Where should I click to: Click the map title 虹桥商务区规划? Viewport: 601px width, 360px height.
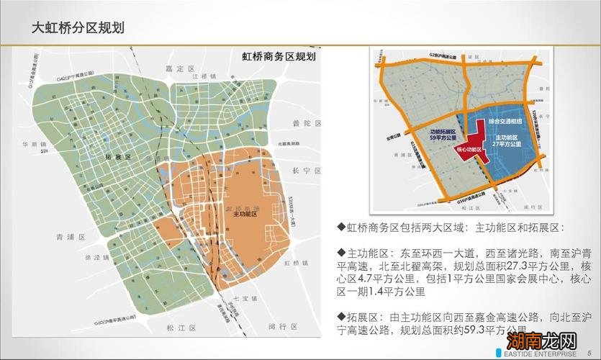click(x=281, y=56)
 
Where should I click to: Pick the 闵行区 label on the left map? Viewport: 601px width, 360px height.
click(x=279, y=326)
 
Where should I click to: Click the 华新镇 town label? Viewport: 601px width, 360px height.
click(x=34, y=143)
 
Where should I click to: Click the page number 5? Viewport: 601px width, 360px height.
click(x=588, y=352)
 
